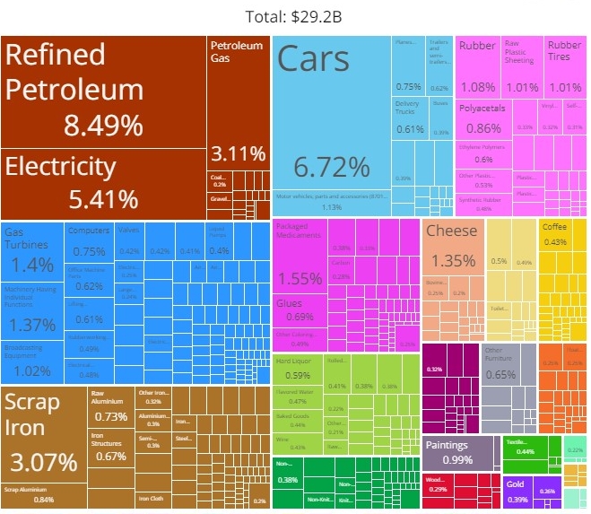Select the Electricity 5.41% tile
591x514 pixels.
(x=104, y=184)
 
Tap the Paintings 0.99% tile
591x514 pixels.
(x=458, y=452)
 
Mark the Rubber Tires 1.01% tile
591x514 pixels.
(x=564, y=67)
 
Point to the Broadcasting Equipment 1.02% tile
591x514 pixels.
(x=31, y=363)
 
